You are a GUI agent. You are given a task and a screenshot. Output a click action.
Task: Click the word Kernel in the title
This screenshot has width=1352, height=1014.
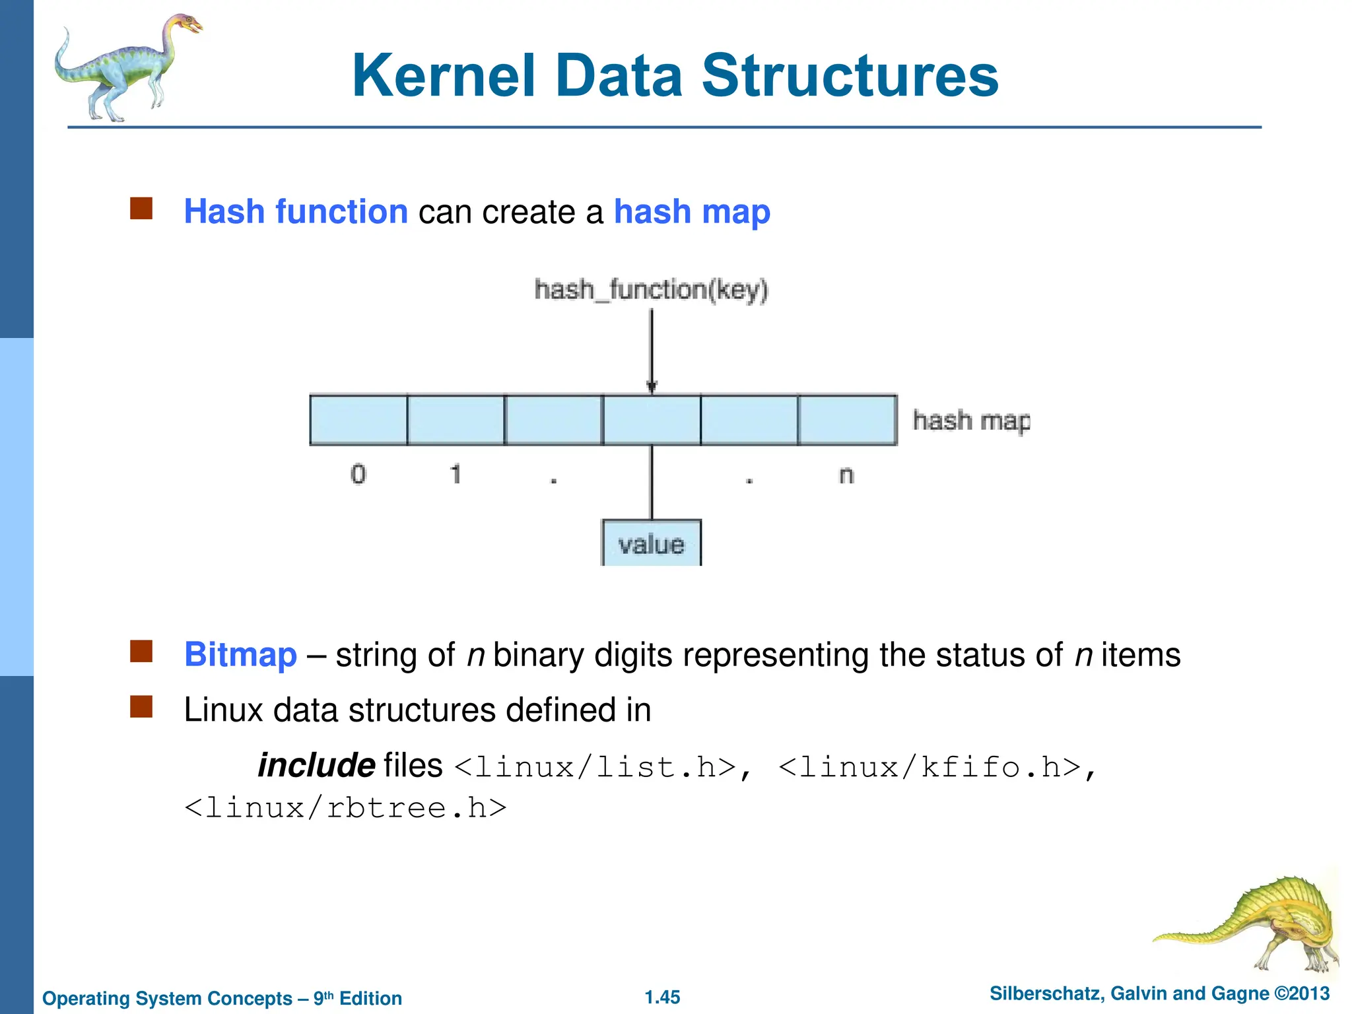click(x=444, y=77)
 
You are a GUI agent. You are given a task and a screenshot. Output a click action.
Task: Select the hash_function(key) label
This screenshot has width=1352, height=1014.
click(x=651, y=290)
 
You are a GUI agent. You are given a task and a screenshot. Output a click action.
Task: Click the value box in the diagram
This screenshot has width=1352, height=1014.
click(x=651, y=544)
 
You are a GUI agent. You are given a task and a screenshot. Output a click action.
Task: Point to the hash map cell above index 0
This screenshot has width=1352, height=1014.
click(x=358, y=420)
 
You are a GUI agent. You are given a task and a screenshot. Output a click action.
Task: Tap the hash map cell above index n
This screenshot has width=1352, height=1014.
click(x=847, y=420)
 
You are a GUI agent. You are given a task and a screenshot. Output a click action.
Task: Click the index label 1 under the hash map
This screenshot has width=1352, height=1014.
click(x=456, y=474)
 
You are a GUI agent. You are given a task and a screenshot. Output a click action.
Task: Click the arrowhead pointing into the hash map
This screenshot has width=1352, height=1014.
click(x=652, y=388)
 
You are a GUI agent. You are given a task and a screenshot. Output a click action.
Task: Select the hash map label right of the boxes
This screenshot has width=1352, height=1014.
click(x=970, y=421)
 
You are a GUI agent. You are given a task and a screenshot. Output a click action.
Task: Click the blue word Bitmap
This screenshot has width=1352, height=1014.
click(x=240, y=655)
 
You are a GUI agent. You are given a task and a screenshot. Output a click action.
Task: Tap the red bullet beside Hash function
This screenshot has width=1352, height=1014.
click(x=141, y=209)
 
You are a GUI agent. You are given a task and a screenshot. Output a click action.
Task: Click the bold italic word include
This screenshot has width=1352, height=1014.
click(x=316, y=766)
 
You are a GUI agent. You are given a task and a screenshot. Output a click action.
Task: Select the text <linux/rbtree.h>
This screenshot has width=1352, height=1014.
click(x=345, y=808)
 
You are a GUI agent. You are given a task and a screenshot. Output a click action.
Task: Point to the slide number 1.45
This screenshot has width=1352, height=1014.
click(x=662, y=997)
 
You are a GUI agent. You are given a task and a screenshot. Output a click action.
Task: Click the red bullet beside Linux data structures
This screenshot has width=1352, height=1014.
click(x=141, y=707)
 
